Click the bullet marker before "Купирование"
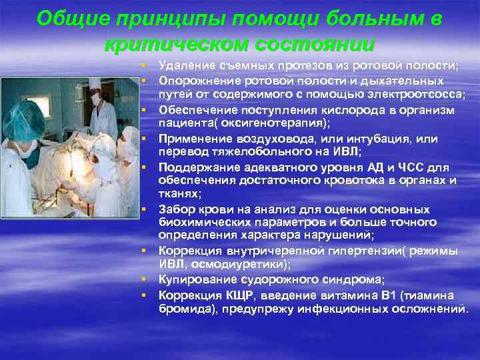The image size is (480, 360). click(x=143, y=279)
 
